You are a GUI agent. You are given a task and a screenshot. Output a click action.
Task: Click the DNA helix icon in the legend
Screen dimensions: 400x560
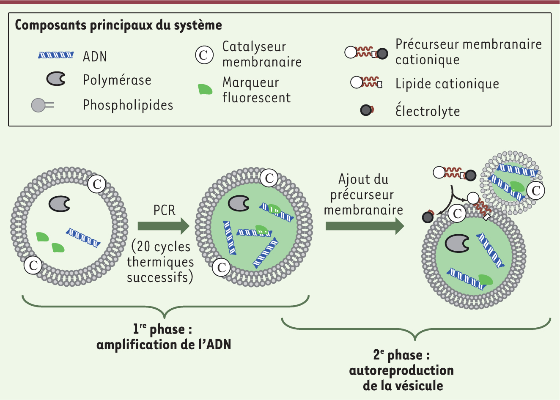point(56,55)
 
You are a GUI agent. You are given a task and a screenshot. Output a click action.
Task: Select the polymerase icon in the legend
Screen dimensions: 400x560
point(56,79)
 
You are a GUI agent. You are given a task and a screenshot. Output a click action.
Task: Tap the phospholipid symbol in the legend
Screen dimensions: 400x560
point(42,105)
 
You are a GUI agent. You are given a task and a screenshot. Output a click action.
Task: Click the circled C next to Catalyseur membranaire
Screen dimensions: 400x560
point(204,55)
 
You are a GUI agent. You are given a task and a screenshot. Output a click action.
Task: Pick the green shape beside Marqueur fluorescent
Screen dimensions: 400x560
point(205,89)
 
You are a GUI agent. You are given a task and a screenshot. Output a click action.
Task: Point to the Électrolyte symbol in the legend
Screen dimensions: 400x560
point(366,110)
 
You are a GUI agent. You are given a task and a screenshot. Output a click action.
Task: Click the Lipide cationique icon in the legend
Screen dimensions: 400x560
point(366,82)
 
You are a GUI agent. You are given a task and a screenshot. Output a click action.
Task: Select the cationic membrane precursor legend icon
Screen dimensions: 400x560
point(366,53)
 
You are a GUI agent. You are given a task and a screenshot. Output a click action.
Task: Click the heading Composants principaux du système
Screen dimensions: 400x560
point(118,25)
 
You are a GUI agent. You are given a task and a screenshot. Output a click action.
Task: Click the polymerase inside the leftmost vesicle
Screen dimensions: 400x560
point(59,203)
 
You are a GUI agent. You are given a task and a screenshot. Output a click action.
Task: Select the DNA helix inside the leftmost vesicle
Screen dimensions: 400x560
point(83,238)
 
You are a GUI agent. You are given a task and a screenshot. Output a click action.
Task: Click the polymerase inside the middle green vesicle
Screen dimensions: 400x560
point(239,203)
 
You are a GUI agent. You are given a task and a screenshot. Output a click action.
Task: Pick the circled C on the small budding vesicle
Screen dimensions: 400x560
point(536,190)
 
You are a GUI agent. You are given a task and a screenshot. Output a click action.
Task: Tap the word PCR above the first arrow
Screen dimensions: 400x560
point(164,210)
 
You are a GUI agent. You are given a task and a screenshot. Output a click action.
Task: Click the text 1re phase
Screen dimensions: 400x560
point(163,329)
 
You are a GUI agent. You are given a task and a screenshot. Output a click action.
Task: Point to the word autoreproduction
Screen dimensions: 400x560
point(401,370)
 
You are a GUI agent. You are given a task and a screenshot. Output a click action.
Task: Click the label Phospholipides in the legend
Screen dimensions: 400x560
point(128,105)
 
